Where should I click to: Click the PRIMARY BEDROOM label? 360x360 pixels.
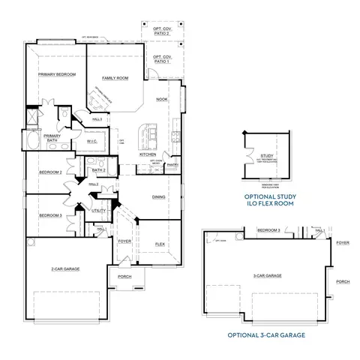(58, 75)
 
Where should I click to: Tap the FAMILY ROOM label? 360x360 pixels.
(115, 78)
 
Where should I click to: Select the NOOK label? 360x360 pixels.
(161, 100)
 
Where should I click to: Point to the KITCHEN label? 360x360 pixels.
(148, 154)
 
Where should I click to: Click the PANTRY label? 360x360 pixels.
(172, 163)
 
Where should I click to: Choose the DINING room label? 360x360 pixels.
(159, 197)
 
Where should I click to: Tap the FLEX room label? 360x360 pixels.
(160, 244)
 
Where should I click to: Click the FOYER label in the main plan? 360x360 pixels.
(125, 241)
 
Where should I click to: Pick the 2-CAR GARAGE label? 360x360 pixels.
(67, 268)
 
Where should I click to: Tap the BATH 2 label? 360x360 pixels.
(99, 170)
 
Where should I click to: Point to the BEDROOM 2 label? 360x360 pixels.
(50, 172)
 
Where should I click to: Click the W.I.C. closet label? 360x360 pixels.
(92, 140)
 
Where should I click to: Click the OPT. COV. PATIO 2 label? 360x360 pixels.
(162, 30)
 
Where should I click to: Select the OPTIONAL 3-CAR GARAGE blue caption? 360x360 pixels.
(267, 334)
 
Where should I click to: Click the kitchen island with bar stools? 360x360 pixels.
(148, 136)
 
